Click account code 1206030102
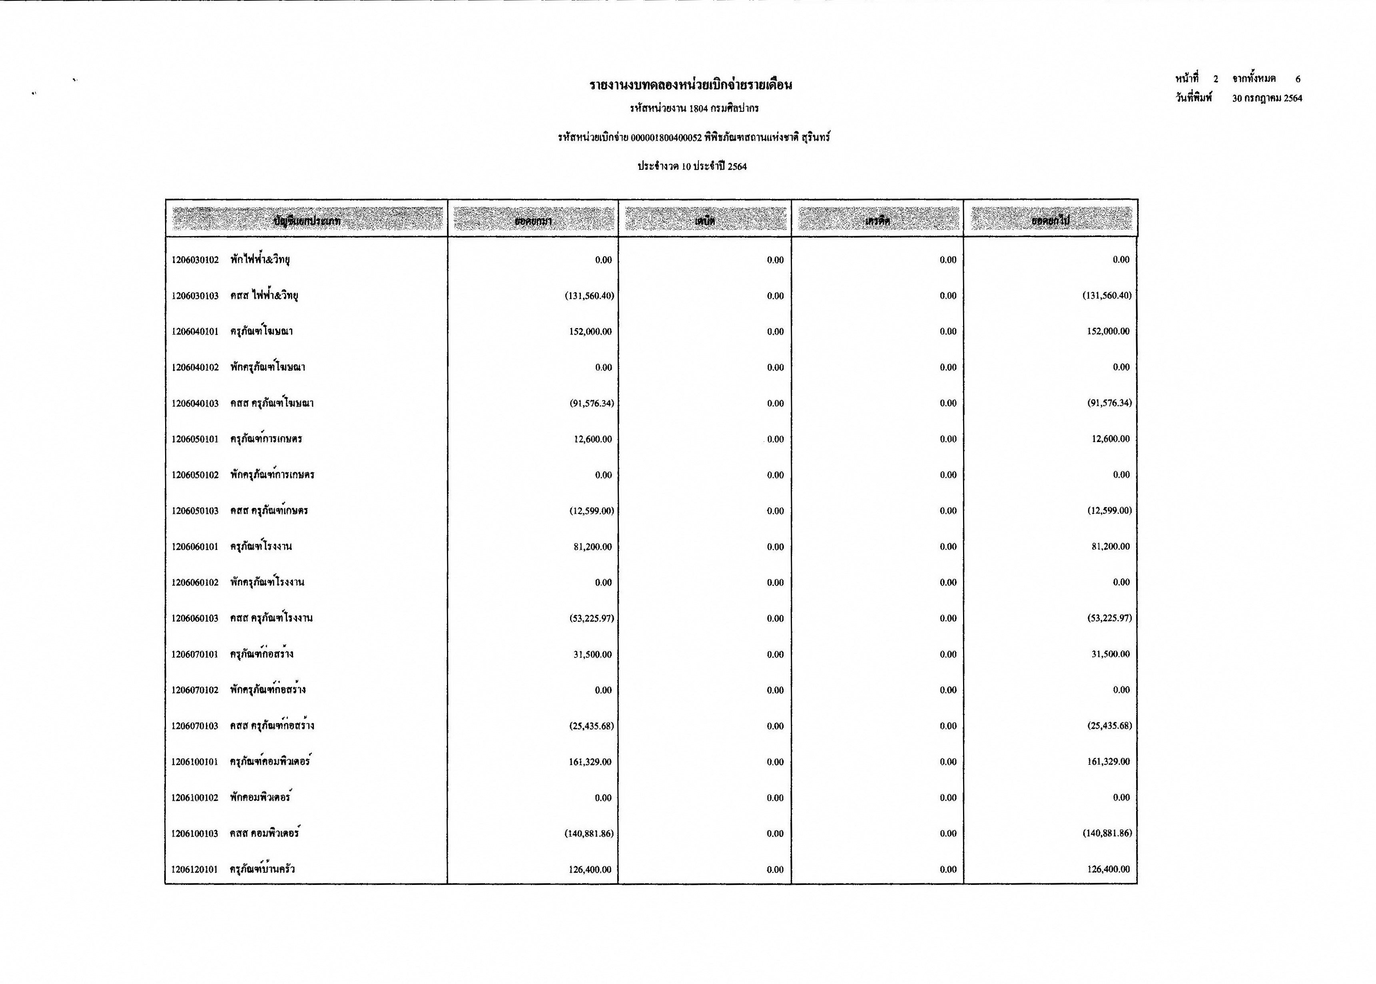[x=195, y=260]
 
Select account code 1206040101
[x=195, y=331]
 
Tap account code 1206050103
[x=195, y=511]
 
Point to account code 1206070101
[x=195, y=654]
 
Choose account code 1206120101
[x=195, y=869]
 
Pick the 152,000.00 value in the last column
[x=1108, y=331]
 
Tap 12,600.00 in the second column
[x=592, y=439]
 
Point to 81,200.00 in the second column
[x=592, y=546]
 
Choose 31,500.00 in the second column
[x=592, y=654]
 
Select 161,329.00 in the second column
[x=590, y=762]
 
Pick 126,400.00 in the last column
[x=1108, y=869]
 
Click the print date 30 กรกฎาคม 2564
[x=1266, y=98]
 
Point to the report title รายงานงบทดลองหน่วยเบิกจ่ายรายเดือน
[x=691, y=85]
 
